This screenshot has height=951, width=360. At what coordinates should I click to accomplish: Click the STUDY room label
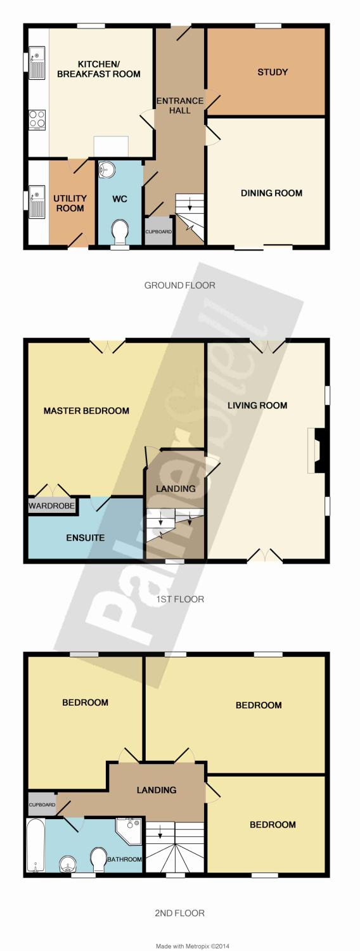click(273, 72)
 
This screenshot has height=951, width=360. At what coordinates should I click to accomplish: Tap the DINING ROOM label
click(272, 193)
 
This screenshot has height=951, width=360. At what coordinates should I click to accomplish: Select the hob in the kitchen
click(37, 119)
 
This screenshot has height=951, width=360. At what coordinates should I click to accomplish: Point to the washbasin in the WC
click(106, 169)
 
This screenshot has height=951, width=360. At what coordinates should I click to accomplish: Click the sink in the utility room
click(37, 200)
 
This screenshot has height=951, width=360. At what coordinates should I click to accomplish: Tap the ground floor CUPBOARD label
click(159, 232)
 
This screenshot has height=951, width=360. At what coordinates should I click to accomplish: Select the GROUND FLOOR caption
click(179, 285)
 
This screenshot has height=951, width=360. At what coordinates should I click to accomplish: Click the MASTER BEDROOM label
click(86, 411)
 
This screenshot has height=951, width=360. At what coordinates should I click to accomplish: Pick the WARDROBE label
click(52, 506)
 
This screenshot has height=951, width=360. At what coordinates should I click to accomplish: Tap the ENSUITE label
click(86, 538)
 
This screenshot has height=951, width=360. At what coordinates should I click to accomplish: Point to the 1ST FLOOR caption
click(180, 599)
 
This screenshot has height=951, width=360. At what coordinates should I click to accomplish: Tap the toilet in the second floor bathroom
click(99, 861)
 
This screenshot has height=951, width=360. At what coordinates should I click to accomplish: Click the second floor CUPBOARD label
click(42, 805)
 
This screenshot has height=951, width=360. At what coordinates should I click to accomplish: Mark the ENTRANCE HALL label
click(180, 106)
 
